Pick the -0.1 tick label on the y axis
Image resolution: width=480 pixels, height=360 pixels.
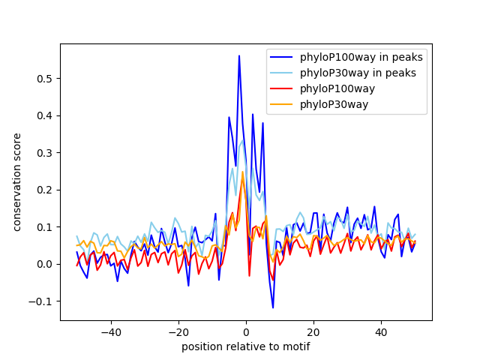[44, 301]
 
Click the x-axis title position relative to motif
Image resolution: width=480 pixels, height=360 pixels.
[246, 346]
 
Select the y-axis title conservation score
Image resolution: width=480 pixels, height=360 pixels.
[16, 182]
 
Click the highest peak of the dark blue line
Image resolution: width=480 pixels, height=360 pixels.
[239, 55]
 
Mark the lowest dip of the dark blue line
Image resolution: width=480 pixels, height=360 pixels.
[273, 307]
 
